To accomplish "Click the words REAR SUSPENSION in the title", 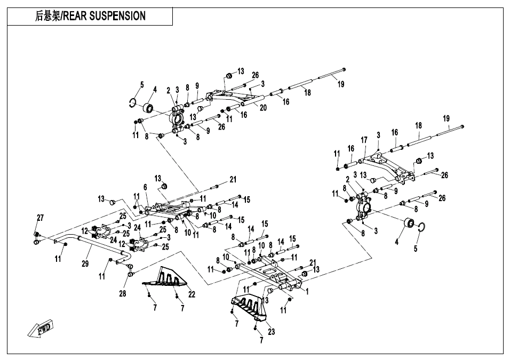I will [x=105, y=16].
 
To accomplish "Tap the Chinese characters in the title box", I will [x=47, y=16].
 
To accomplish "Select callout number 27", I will [x=40, y=218].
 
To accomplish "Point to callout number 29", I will [x=85, y=263].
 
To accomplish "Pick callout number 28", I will [x=123, y=294].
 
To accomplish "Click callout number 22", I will [x=192, y=294].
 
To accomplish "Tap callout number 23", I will [x=271, y=332].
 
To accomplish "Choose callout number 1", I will [x=307, y=291].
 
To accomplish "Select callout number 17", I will [x=364, y=140].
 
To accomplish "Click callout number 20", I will [x=263, y=108].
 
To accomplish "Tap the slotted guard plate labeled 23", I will [x=249, y=306].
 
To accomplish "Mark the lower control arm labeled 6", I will [x=169, y=209].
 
